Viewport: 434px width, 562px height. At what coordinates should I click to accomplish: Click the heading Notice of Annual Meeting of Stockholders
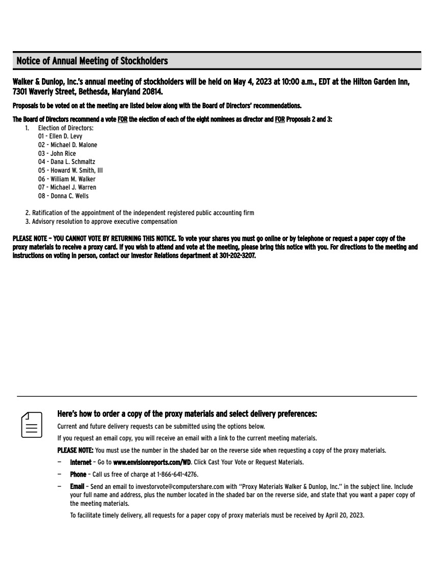click(92, 61)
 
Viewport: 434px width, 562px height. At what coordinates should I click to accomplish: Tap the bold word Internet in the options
click(81, 462)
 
